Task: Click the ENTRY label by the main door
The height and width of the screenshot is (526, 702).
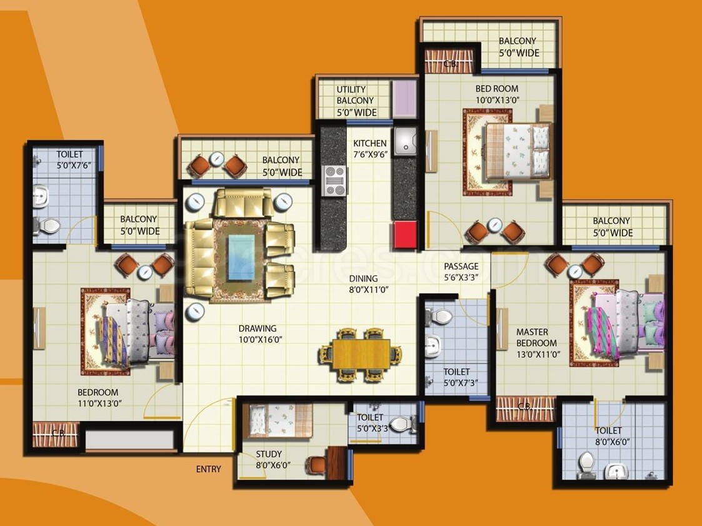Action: tap(208, 469)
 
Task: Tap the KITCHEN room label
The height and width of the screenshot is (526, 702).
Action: tap(369, 143)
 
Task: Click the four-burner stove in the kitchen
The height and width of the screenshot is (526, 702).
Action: tap(334, 181)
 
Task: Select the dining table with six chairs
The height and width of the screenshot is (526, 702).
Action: tap(361, 355)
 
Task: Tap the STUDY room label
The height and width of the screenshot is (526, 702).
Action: tap(269, 454)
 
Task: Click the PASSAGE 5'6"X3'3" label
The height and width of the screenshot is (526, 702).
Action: tap(461, 272)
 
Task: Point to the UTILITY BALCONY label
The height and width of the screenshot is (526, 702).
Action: tap(355, 101)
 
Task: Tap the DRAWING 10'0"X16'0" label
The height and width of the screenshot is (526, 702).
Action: tap(257, 334)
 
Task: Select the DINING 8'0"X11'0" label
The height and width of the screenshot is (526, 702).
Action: tap(363, 284)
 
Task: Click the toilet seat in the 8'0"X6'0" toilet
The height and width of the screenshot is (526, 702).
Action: tap(586, 465)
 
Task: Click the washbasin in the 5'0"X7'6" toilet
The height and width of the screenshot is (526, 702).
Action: tap(39, 196)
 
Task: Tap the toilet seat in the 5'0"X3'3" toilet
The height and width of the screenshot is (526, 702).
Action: tap(402, 425)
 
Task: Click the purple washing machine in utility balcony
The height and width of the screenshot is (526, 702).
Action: tap(404, 98)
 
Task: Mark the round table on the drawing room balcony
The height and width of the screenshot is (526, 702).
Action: tap(217, 158)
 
